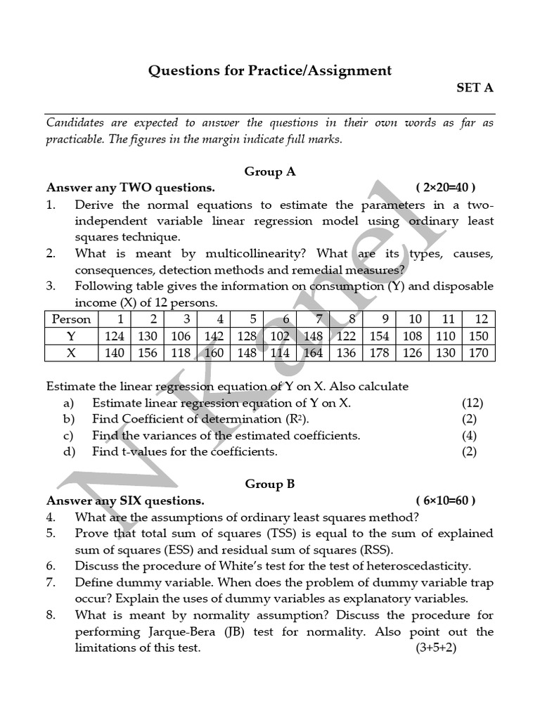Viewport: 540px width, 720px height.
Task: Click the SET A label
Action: pos(475,88)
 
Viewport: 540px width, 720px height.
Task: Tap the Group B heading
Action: pos(270,484)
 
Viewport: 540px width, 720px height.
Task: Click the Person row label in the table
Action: pos(72,319)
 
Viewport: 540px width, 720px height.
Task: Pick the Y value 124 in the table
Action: pos(114,336)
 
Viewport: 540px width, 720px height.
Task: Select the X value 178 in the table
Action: pos(379,353)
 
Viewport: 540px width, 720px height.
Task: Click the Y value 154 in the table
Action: pos(379,336)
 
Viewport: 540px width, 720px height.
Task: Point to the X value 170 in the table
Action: pos(478,353)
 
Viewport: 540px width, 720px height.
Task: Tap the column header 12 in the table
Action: pos(481,319)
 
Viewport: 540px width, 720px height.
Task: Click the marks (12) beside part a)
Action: pos(472,403)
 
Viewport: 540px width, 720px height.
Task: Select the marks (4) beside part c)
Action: pos(469,435)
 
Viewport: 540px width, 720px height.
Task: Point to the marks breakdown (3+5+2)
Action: pos(436,648)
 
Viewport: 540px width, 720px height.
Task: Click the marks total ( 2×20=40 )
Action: pos(445,188)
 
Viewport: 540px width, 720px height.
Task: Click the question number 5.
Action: pos(51,533)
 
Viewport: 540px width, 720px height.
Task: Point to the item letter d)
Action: pos(69,451)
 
